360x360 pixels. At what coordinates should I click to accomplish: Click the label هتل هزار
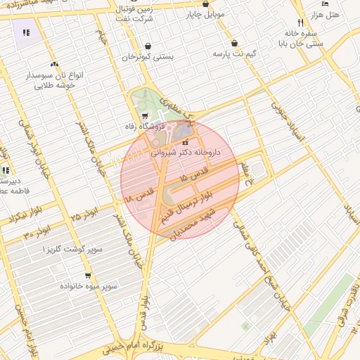324,14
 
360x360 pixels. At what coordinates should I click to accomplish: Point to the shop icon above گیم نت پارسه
234,43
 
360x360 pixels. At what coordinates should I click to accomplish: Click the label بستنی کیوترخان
147,57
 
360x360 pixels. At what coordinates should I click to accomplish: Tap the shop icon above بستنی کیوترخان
148,46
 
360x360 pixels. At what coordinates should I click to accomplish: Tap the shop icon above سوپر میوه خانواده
88,276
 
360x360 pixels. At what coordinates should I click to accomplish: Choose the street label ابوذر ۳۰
37,233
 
